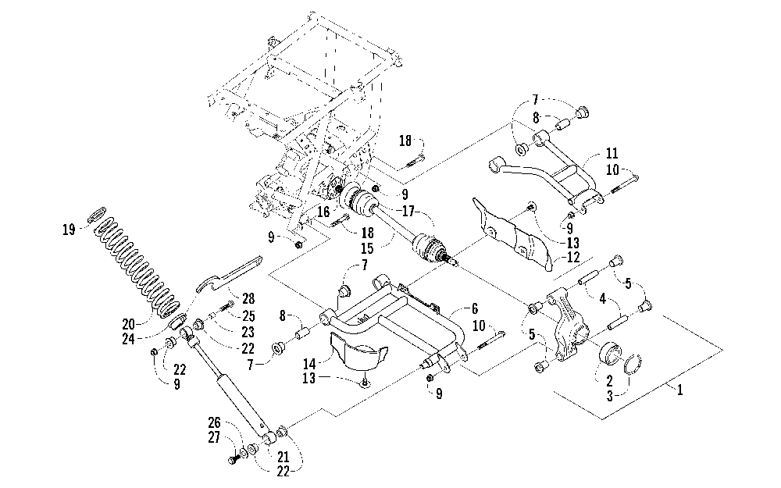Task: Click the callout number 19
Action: [69, 230]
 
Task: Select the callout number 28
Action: [248, 298]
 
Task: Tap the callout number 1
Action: [679, 390]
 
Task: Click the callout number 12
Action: [574, 258]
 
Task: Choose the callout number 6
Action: [475, 309]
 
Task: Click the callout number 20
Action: [129, 325]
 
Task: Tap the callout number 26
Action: [214, 423]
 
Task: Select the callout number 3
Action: [609, 396]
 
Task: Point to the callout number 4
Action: [603, 299]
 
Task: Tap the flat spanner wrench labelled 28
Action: [226, 276]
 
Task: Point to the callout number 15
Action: [381, 248]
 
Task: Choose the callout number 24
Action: [129, 339]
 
